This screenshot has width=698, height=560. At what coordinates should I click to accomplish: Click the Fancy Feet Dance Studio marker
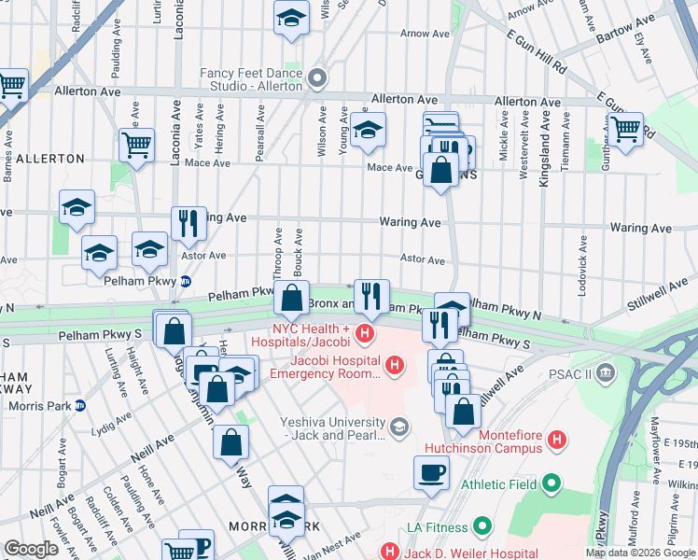coord(317,79)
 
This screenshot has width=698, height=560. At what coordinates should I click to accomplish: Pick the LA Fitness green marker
coord(482,527)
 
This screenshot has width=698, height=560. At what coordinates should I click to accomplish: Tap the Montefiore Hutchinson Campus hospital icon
coord(557,439)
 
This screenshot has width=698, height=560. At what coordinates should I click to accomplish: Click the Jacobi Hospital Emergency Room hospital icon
coord(395,364)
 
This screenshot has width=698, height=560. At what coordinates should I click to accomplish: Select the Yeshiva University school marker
coord(399,427)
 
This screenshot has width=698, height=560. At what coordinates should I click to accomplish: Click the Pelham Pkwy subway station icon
coord(186,281)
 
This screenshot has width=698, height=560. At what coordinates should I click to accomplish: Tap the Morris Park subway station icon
coord(80,405)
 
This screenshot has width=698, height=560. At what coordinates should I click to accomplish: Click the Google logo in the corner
coord(31,549)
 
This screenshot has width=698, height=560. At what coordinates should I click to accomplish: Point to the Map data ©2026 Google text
coord(639,553)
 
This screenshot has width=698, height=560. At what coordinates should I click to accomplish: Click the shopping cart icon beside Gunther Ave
coord(625,128)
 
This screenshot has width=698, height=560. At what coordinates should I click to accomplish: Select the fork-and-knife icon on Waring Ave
coord(188,222)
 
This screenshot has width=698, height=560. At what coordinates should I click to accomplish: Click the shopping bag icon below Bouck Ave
coord(291,299)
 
